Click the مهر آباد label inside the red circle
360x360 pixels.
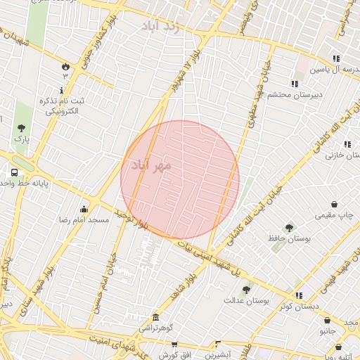tap(150, 165)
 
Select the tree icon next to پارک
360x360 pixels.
tap(22, 128)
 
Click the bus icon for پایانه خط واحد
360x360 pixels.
tap(14, 172)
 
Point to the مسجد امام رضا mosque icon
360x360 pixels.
tap(84, 208)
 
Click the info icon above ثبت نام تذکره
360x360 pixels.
tap(62, 90)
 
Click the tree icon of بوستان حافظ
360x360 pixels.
tap(289, 227)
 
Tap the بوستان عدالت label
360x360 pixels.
tap(246, 300)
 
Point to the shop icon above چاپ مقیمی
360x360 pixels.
tap(334, 204)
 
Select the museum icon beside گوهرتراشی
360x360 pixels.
tap(155, 317)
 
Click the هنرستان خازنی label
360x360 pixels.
tap(342, 155)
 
